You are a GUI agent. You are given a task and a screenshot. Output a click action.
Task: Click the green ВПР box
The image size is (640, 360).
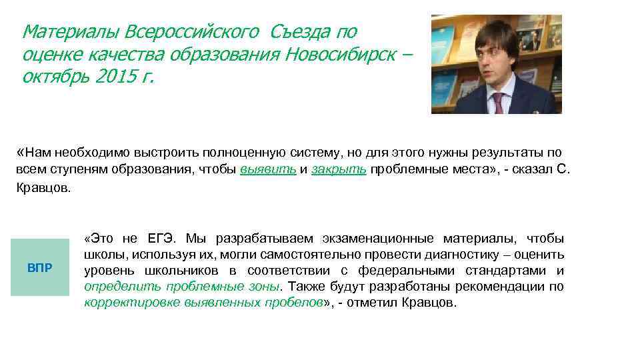click(40, 267)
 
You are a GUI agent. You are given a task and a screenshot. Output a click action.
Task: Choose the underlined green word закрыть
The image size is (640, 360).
click(339, 169)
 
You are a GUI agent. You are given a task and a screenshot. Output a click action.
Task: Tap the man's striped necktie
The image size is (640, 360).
click(497, 103)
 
